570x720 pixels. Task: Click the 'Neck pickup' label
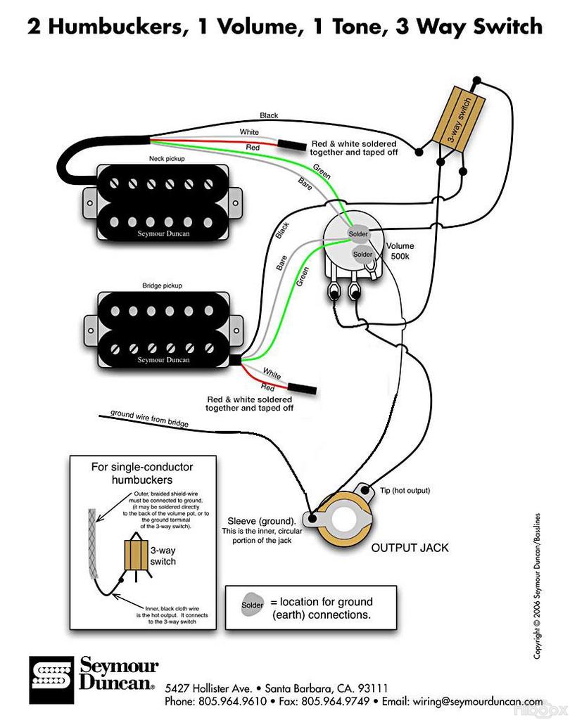tap(167, 158)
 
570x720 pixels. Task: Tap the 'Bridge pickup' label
tap(163, 285)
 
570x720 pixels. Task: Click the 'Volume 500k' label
tap(400, 251)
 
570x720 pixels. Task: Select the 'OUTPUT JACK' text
tap(410, 547)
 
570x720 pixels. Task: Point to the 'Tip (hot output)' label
tap(405, 490)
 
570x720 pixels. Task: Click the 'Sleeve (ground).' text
tap(262, 521)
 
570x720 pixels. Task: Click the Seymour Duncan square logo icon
tap(51, 680)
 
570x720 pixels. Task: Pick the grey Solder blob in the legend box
tap(253, 605)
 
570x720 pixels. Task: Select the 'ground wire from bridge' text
tap(149, 418)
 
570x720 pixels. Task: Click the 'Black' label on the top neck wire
tap(269, 115)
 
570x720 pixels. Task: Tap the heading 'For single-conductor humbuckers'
tap(142, 473)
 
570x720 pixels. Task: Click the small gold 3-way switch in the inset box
tap(137, 554)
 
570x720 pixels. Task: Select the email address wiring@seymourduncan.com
tap(478, 702)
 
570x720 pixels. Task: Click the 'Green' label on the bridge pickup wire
tap(302, 277)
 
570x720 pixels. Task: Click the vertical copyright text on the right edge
tap(537, 586)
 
